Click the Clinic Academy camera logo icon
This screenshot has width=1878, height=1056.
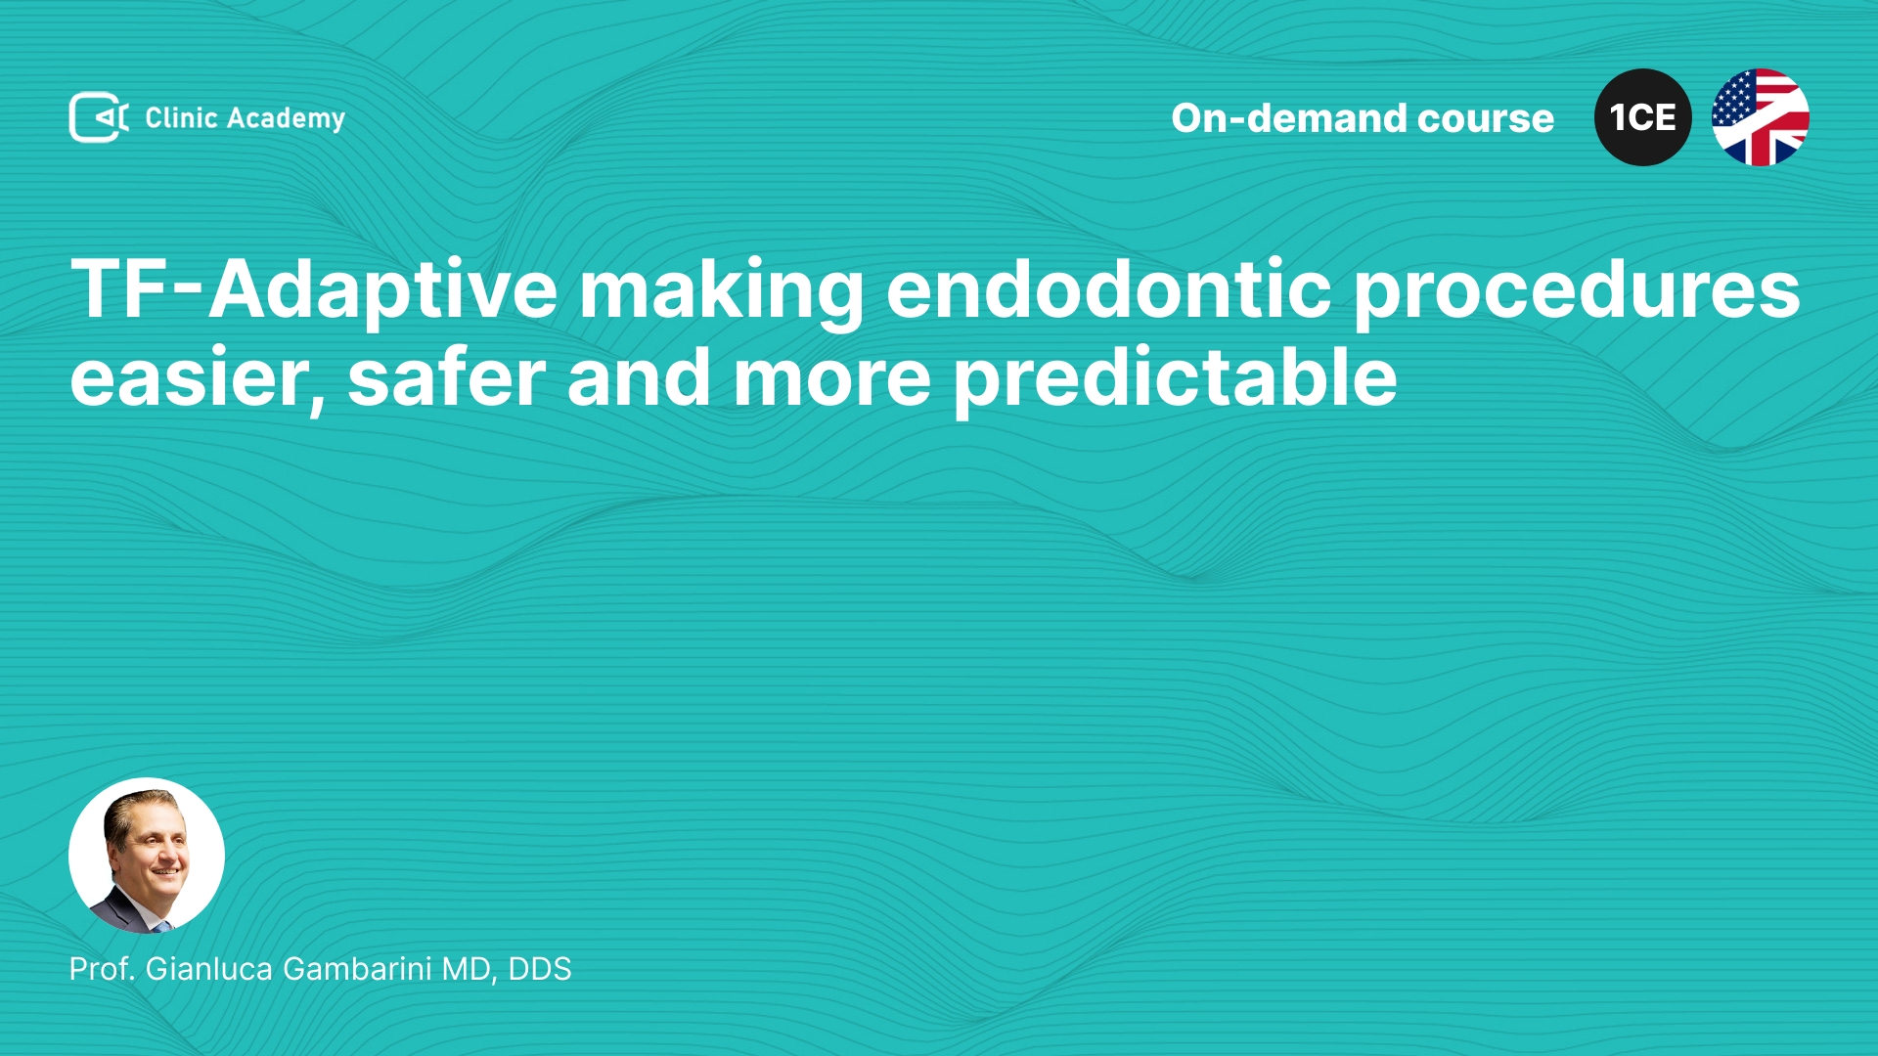coord(99,117)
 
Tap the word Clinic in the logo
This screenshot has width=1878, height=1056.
coord(181,117)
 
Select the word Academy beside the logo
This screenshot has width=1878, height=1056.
coord(286,119)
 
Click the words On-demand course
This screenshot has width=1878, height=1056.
coord(1363,118)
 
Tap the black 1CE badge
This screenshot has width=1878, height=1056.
coord(1643,117)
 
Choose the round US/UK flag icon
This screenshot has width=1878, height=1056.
coord(1761,117)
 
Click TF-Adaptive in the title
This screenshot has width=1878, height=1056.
coord(314,290)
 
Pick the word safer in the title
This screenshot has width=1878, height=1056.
coord(446,376)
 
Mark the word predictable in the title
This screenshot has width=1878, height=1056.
coord(1175,378)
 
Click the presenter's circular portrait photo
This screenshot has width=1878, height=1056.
coord(147,856)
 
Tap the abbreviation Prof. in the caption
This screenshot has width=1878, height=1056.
coord(103,969)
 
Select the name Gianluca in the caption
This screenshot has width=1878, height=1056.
coord(209,969)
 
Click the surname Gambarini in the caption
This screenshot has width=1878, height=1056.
coord(357,969)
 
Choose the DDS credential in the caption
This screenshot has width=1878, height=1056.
coord(540,969)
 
